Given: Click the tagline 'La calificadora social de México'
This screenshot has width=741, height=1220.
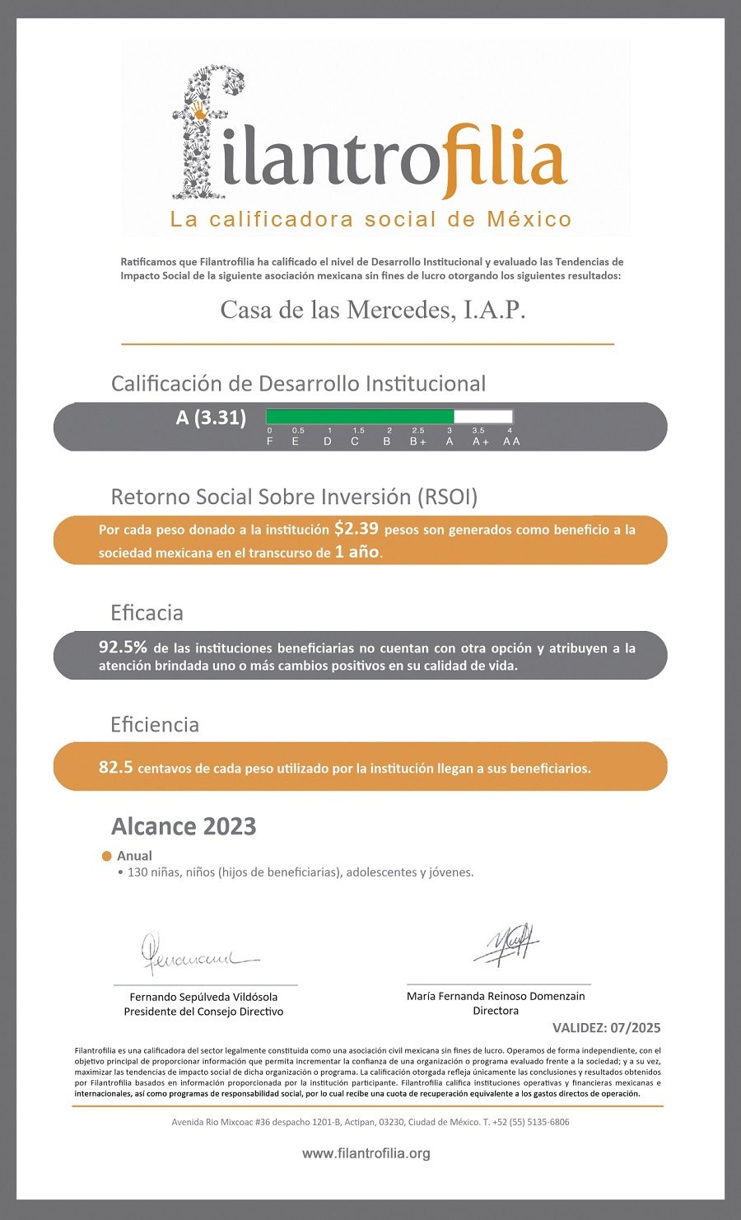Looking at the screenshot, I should coord(370,219).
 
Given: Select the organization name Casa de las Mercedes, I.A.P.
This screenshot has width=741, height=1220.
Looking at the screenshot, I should coord(372,310).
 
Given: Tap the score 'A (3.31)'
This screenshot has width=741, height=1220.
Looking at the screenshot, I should coord(211,418).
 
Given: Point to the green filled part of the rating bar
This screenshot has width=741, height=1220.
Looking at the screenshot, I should coord(360,417).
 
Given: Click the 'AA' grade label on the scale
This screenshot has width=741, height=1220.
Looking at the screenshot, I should coord(511,442).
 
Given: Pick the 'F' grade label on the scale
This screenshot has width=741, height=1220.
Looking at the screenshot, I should coord(270,442).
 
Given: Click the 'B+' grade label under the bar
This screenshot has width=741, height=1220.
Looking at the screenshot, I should coord(418,442).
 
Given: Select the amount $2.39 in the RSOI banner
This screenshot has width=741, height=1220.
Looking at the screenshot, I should coord(357,529).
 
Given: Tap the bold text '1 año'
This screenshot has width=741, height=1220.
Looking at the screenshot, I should coord(357,552).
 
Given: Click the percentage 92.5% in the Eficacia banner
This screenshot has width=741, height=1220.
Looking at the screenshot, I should coord(123,647).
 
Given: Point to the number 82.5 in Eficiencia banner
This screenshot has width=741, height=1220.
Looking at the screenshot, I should coord(115,767).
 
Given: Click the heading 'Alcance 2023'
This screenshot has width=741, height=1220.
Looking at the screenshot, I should coord(184,826).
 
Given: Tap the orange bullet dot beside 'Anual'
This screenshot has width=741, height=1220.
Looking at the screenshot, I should coord(106,857).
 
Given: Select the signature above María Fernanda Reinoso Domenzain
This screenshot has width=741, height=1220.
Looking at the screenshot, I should coord(506,944).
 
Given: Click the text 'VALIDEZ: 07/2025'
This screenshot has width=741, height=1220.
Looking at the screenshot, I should coord(606,1028).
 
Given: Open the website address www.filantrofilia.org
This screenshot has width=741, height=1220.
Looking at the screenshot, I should coord(366,1153).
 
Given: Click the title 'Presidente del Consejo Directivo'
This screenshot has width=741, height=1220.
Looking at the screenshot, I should coord(203,1012).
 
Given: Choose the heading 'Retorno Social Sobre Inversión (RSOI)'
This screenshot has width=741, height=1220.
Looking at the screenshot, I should coord(294,497).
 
